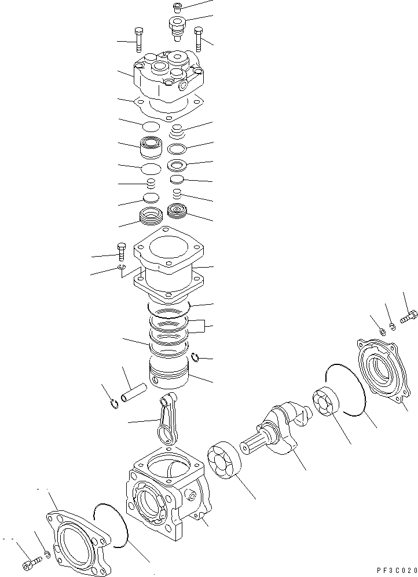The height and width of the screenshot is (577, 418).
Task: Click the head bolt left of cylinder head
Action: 138,39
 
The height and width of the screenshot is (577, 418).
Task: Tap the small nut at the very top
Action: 178,8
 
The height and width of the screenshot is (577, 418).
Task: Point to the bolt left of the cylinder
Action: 122,252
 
